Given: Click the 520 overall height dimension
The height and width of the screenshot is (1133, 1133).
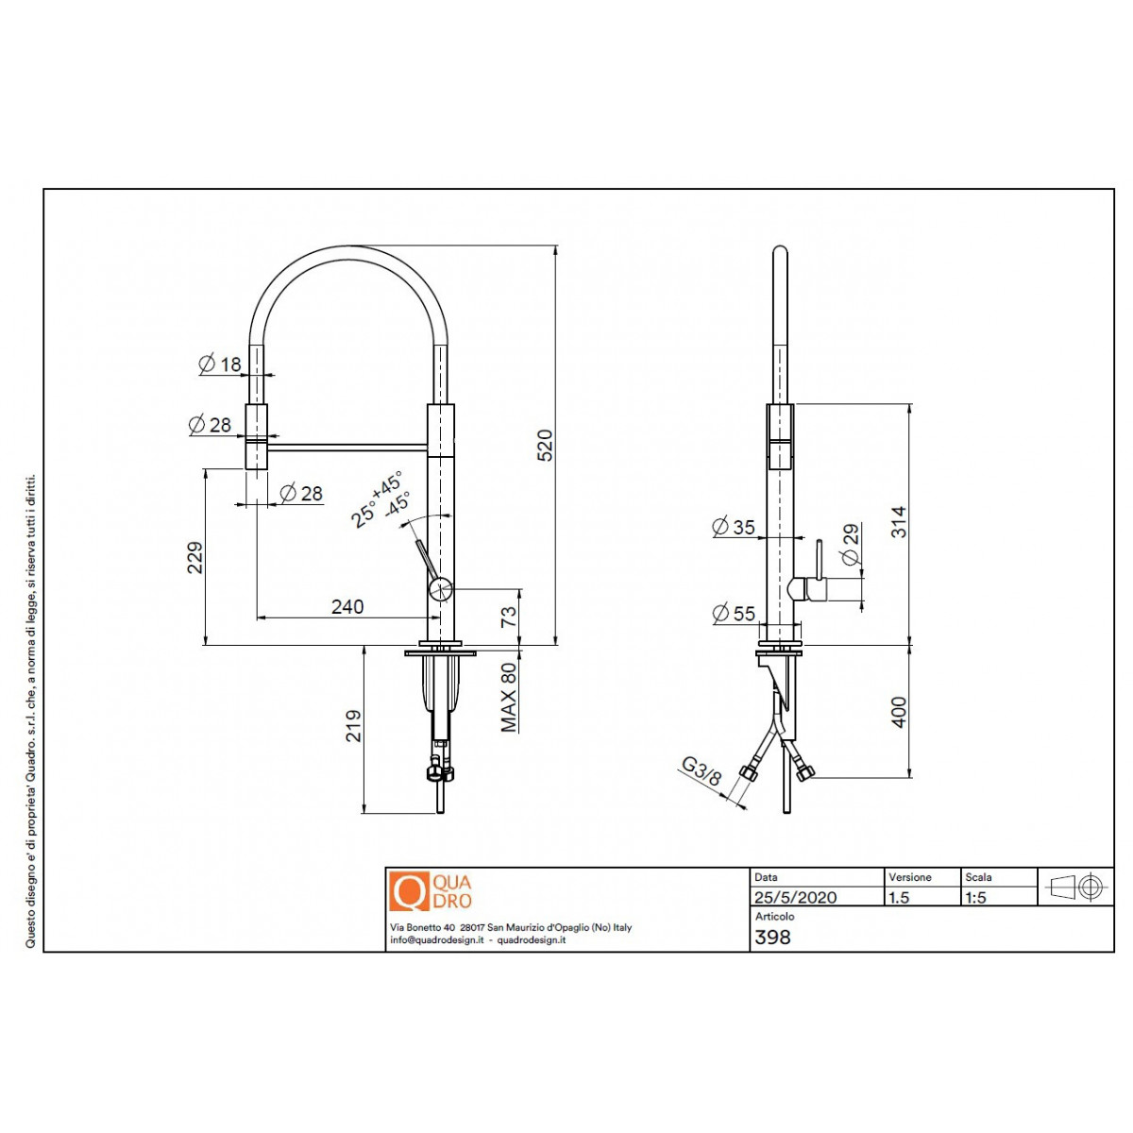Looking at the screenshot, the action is pyautogui.click(x=545, y=445).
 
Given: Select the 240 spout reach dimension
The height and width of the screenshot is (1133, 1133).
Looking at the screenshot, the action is pyautogui.click(x=347, y=606).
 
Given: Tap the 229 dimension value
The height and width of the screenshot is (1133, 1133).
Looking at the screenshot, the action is pyautogui.click(x=195, y=557).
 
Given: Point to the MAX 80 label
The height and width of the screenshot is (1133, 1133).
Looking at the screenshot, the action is pyautogui.click(x=509, y=698).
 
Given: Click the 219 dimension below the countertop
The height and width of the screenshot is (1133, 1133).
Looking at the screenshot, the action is pyautogui.click(x=353, y=725).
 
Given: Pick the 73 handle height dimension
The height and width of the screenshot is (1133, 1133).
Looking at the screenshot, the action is pyautogui.click(x=509, y=617).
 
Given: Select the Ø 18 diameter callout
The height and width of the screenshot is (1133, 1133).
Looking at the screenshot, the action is pyautogui.click(x=220, y=364).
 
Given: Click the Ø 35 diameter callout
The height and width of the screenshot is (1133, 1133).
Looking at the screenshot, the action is pyautogui.click(x=734, y=527).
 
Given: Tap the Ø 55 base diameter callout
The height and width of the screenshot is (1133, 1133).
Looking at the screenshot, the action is pyautogui.click(x=734, y=614).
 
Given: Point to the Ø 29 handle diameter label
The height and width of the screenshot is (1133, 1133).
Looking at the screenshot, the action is pyautogui.click(x=850, y=544).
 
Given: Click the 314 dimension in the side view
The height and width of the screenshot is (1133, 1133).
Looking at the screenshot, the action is pyautogui.click(x=899, y=521).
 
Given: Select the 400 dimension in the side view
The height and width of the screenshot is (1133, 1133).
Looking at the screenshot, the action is pyautogui.click(x=899, y=712).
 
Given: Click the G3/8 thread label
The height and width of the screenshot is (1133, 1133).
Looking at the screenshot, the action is pyautogui.click(x=702, y=771).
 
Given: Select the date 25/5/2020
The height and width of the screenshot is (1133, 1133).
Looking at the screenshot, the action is pyautogui.click(x=796, y=897).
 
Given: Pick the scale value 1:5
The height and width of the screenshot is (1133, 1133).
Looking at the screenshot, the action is pyautogui.click(x=975, y=897).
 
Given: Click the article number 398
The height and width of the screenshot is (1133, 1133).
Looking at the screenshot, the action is pyautogui.click(x=772, y=938).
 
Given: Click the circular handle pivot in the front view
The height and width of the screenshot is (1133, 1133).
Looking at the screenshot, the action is pyautogui.click(x=440, y=588).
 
